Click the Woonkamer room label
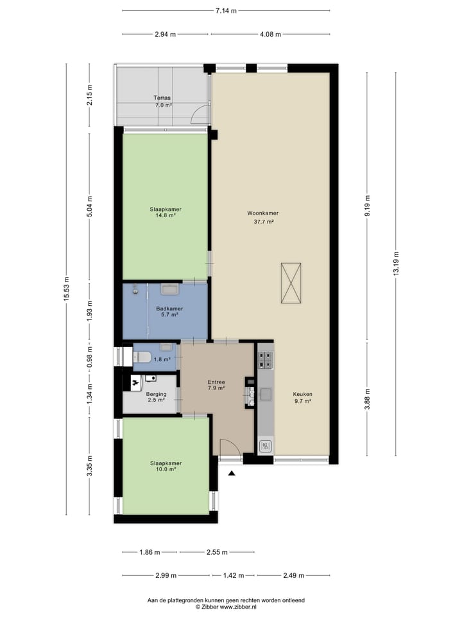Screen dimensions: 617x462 (262, 213)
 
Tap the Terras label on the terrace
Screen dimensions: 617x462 (162, 98)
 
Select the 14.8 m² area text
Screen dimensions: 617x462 (165, 216)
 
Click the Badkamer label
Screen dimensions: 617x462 (165, 308)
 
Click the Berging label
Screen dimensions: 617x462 (156, 394)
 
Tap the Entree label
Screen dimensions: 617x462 (216, 381)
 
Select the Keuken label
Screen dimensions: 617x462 (302, 394)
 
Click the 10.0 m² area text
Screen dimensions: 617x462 (165, 470)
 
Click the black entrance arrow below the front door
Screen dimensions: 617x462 (232, 473)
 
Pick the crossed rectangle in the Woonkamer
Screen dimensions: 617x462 (291, 283)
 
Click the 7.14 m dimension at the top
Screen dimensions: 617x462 (226, 11)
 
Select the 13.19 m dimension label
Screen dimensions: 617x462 (396, 263)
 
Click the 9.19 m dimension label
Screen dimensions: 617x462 (367, 206)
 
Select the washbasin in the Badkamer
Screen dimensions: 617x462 (169, 289)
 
